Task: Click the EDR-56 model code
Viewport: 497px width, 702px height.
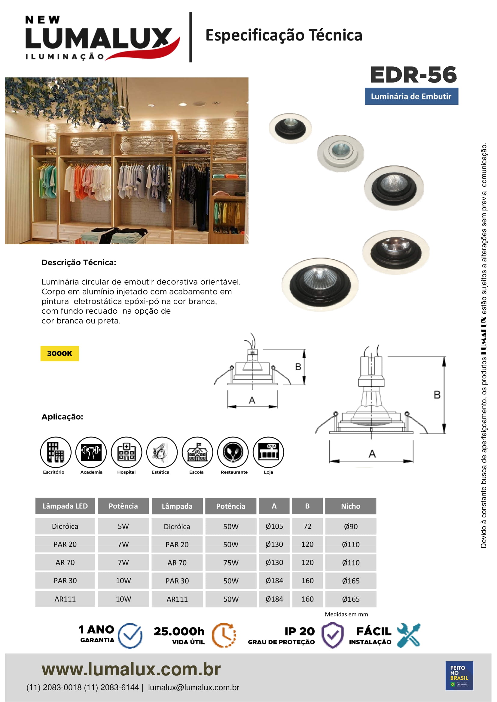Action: (413, 75)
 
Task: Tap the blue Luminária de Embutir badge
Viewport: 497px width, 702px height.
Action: (411, 96)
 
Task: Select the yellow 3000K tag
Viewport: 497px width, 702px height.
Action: (60, 354)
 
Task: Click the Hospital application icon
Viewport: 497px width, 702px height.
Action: (127, 452)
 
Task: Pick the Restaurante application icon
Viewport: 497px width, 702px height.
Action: (233, 452)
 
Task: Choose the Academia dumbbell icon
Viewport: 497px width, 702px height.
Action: (91, 452)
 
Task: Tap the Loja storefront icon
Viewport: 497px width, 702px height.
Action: (268, 452)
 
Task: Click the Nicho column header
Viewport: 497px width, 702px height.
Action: (350, 506)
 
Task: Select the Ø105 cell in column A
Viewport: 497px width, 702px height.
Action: (274, 526)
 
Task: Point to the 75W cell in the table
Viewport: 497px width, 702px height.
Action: (231, 562)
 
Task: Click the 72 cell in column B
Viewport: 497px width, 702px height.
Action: (307, 526)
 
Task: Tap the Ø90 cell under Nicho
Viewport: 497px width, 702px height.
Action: (350, 526)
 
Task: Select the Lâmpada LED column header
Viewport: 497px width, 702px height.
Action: (65, 506)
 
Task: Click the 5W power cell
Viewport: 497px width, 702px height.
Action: (123, 526)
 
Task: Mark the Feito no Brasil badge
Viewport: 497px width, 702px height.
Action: (459, 675)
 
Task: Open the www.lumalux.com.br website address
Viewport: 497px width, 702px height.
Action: (131, 669)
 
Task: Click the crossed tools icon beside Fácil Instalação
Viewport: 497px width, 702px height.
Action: (409, 635)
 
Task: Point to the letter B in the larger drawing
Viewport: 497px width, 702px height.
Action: (437, 395)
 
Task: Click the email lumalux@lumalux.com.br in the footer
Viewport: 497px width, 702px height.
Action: (194, 688)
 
